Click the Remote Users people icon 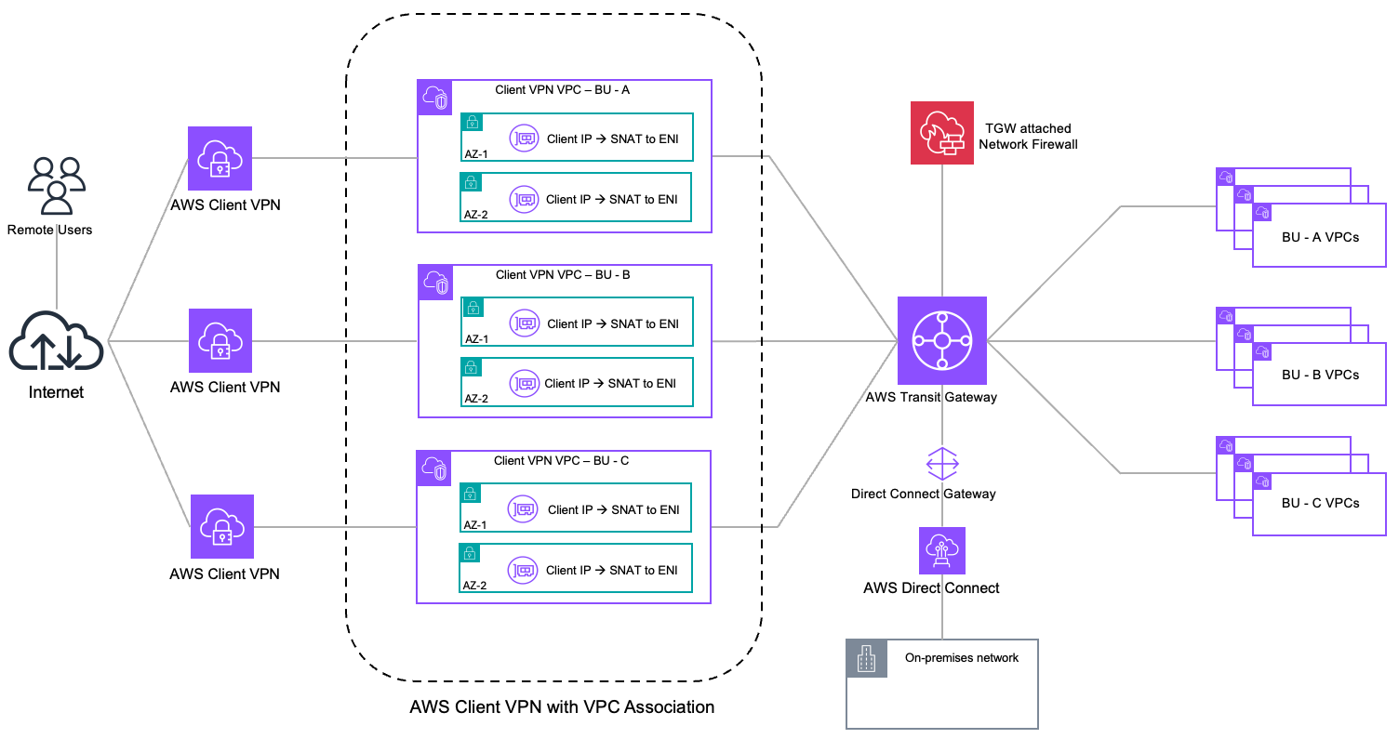(x=57, y=186)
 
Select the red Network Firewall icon (x=942, y=133)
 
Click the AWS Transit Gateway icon (x=941, y=340)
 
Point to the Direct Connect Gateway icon (x=941, y=463)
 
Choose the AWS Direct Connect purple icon (x=941, y=550)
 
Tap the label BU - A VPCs (x=1319, y=237)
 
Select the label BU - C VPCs (x=1319, y=503)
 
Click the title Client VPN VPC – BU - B (x=563, y=275)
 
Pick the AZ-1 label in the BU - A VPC (x=476, y=154)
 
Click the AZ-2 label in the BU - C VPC (x=475, y=586)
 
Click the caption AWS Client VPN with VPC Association (x=562, y=707)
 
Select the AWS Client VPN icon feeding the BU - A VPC (x=220, y=159)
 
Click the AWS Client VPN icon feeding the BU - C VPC (x=221, y=526)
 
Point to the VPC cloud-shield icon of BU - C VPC (x=434, y=468)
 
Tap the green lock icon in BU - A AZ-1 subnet (x=473, y=122)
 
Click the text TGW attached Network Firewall (x=1029, y=137)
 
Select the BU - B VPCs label (x=1319, y=375)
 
